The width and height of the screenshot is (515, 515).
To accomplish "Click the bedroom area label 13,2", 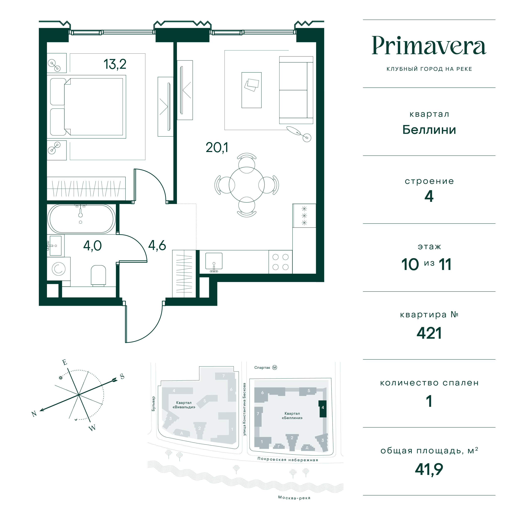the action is click(115, 64).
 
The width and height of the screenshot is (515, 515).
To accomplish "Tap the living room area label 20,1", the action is click(217, 148).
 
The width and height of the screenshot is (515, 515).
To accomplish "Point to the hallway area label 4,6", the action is click(157, 245).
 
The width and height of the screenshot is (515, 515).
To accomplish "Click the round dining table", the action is click(246, 184).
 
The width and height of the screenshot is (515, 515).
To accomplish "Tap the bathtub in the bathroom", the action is click(82, 219).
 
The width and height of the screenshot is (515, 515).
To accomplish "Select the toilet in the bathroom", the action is click(98, 276).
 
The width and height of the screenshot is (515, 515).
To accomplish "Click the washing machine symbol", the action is click(59, 269).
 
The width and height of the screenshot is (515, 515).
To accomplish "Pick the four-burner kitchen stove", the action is click(280, 262).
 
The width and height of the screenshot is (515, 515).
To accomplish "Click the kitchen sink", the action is click(214, 261).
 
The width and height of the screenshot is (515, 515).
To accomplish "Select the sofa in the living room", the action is click(296, 90).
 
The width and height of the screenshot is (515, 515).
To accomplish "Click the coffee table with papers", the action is click(251, 90).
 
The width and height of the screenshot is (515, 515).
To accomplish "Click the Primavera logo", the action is click(429, 46).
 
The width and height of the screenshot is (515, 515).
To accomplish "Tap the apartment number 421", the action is click(429, 333).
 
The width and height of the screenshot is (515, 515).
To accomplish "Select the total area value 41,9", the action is click(429, 469).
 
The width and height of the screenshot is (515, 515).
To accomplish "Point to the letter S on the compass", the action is click(122, 376).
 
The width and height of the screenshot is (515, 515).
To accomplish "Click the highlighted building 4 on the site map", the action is click(322, 409).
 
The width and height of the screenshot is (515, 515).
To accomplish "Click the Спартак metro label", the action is click(262, 368).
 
